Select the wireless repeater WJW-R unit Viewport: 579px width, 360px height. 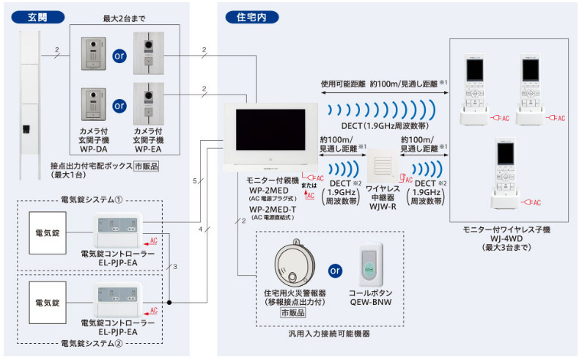384,169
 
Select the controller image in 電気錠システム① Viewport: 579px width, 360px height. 116,232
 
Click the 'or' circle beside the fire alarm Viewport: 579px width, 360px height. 335,270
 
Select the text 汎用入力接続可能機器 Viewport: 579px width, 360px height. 331,336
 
